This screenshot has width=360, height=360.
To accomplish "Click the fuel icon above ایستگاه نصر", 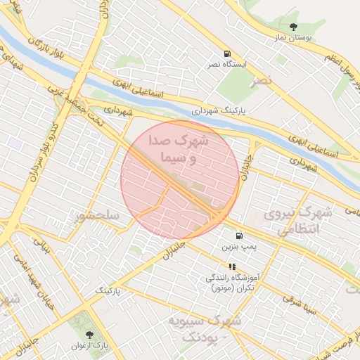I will click(226, 53).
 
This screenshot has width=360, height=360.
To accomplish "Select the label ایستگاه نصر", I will click(226, 65).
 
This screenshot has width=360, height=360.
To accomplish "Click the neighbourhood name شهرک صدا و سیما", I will click(179, 150).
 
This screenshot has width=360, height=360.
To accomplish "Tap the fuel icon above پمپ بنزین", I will click(240, 236).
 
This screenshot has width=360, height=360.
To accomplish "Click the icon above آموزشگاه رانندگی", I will click(233, 266).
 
